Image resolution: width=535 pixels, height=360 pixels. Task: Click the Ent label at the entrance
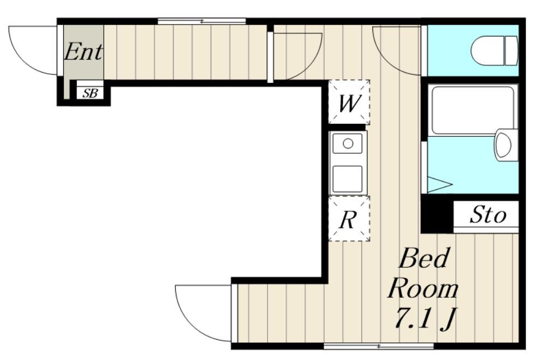pos(83,52)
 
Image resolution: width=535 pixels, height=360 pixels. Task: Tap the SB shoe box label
pos(90,93)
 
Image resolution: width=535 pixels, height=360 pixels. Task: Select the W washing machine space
pos(349,102)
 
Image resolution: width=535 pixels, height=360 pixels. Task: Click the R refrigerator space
pos(349,219)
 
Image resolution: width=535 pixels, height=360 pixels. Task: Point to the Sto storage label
pos(488,215)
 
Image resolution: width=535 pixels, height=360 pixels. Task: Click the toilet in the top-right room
pos(494,51)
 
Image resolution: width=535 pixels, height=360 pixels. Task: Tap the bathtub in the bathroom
pos(473,110)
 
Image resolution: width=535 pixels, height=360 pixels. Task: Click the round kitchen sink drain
pos(348,143)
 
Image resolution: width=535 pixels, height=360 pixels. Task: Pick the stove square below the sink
pos(348,179)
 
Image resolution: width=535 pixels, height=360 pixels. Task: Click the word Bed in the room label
pos(423,258)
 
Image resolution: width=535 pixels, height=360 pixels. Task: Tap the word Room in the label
pos(423,289)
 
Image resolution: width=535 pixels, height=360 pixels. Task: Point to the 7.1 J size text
pos(425,319)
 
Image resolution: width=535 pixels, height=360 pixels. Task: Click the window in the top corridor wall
pos(201,21)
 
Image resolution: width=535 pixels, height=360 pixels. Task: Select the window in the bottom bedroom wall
pos(379,346)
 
